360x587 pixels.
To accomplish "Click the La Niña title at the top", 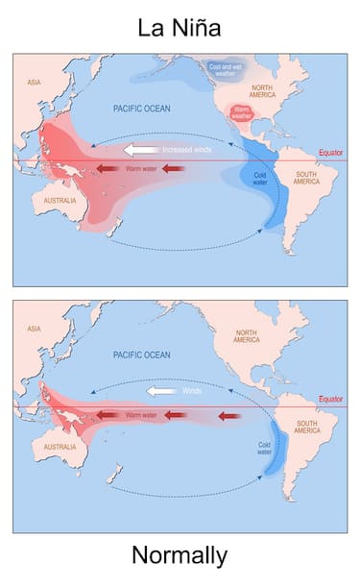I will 180,28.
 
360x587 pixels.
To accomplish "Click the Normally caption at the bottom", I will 180,554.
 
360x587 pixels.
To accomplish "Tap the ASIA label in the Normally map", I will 34,329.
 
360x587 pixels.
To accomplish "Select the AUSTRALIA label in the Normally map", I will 60,447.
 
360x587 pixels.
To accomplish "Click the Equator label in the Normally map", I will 331,399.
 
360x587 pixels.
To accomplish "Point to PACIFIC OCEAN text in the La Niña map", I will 141,109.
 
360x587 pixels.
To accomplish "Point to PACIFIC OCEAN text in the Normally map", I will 141,355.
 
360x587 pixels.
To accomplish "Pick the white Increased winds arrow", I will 142,150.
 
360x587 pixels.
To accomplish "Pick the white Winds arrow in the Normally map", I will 160,391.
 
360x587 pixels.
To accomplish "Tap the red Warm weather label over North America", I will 242,115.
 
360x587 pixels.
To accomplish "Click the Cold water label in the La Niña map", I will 259,179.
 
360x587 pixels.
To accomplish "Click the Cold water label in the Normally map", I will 266,448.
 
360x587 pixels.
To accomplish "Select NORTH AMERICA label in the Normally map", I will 247,335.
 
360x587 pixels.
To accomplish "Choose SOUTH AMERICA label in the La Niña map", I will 306,178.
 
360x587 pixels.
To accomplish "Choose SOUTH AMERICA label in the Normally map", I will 307,427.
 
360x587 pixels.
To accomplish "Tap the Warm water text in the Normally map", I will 140,415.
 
